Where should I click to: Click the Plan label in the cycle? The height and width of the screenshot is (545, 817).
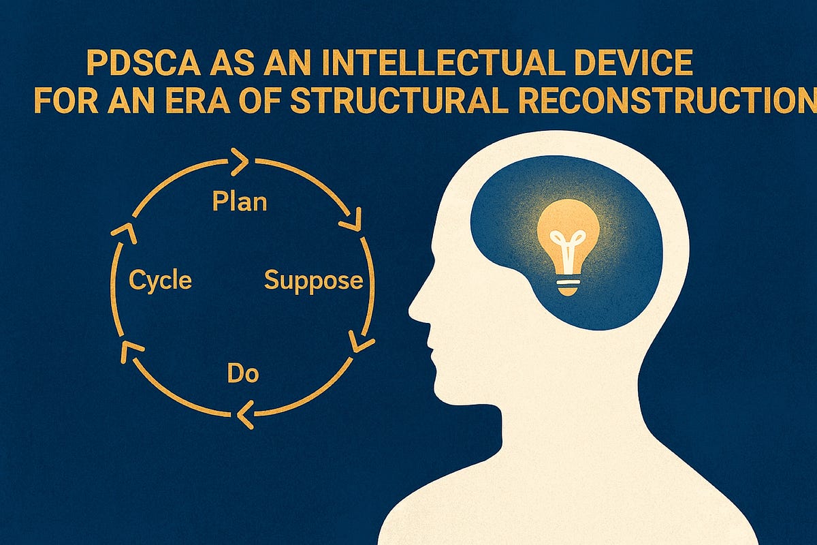pyautogui.click(x=239, y=202)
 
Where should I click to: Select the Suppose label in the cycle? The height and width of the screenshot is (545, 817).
pyautogui.click(x=314, y=280)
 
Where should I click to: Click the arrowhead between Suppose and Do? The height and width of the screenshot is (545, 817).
pyautogui.click(x=359, y=341)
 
